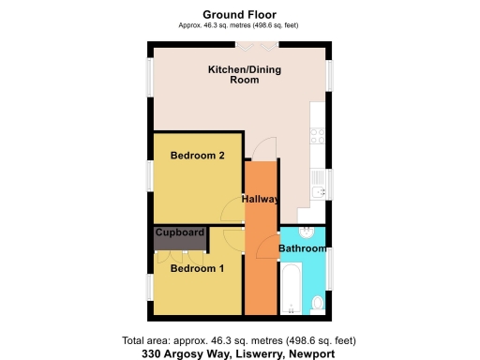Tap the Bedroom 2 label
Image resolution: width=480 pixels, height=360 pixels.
(x=197, y=157)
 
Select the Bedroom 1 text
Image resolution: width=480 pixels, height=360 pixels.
(x=197, y=268)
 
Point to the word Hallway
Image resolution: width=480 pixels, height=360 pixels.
(x=261, y=200)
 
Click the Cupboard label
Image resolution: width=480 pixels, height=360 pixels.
(x=180, y=232)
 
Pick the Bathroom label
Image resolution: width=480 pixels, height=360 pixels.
(x=303, y=248)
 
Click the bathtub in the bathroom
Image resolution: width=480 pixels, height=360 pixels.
(x=291, y=288)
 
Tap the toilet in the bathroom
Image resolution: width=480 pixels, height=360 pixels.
(x=318, y=302)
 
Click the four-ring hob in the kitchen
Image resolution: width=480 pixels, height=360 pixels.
(x=317, y=136)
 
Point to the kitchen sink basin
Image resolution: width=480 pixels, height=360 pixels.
(x=319, y=192)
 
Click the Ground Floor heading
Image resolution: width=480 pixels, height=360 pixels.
(x=238, y=14)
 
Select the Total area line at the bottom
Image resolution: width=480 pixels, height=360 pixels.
(x=238, y=341)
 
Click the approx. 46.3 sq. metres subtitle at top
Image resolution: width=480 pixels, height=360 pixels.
(x=238, y=25)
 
